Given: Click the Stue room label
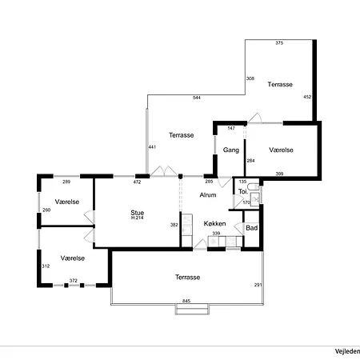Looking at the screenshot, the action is tap(138, 213).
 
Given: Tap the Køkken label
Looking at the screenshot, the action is tap(214, 223).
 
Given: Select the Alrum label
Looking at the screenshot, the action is tap(208, 195).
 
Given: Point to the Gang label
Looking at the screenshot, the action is tap(231, 150).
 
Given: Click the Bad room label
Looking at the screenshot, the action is tap(252, 228).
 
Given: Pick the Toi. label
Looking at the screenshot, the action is tap(243, 191).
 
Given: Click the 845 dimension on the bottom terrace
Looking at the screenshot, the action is tap(186, 301).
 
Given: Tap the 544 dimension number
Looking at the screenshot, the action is tap(197, 98).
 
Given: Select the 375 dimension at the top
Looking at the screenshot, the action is tap(279, 43).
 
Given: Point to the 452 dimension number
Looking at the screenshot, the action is tap(307, 97).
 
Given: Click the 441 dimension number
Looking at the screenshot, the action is tap(152, 147).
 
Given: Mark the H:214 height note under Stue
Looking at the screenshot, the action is tap(138, 218).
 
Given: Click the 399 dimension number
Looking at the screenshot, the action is tap(279, 174).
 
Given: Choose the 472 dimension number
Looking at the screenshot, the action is tap(137, 182).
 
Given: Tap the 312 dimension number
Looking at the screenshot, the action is tap(46, 266).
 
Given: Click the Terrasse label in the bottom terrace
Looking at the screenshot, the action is tap(187, 278).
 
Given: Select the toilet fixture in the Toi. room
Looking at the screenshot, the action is tap(253, 186).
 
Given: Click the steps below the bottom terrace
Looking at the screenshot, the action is tap(192, 310).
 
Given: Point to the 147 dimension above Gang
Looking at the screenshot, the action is tap(231, 128).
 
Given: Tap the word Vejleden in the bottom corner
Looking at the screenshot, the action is tap(347, 351).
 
